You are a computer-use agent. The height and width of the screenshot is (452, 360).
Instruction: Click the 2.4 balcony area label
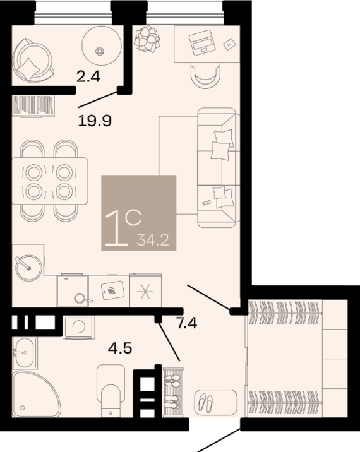click(x=88, y=77)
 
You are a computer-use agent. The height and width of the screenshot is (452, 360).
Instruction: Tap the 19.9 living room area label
click(x=95, y=121)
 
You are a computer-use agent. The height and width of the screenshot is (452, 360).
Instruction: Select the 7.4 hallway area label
click(x=187, y=323)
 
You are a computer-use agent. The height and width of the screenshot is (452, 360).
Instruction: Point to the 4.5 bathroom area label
click(x=120, y=348)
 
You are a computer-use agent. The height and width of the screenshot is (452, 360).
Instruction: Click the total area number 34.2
click(x=153, y=240)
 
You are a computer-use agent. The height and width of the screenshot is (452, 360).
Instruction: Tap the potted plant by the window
click(x=147, y=39)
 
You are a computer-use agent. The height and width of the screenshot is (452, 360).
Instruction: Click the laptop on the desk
click(x=203, y=42)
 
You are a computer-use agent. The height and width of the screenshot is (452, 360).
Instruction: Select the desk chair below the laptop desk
click(x=205, y=76)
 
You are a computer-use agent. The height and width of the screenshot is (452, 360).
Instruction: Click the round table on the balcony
click(x=102, y=45)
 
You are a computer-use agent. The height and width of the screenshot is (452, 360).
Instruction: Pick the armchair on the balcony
click(x=33, y=60)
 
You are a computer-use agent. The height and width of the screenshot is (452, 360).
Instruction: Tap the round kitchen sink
click(x=28, y=267)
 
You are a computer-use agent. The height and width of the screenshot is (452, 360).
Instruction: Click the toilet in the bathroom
click(x=111, y=391)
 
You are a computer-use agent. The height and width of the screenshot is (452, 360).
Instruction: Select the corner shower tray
click(x=35, y=395)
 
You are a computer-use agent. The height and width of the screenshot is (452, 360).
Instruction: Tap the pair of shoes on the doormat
click(x=205, y=402)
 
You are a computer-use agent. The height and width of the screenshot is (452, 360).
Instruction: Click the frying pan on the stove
click(x=81, y=299)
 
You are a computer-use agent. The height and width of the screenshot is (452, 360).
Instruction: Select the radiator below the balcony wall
click(x=34, y=106)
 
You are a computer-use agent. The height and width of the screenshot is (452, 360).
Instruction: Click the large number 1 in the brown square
click(x=117, y=229)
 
